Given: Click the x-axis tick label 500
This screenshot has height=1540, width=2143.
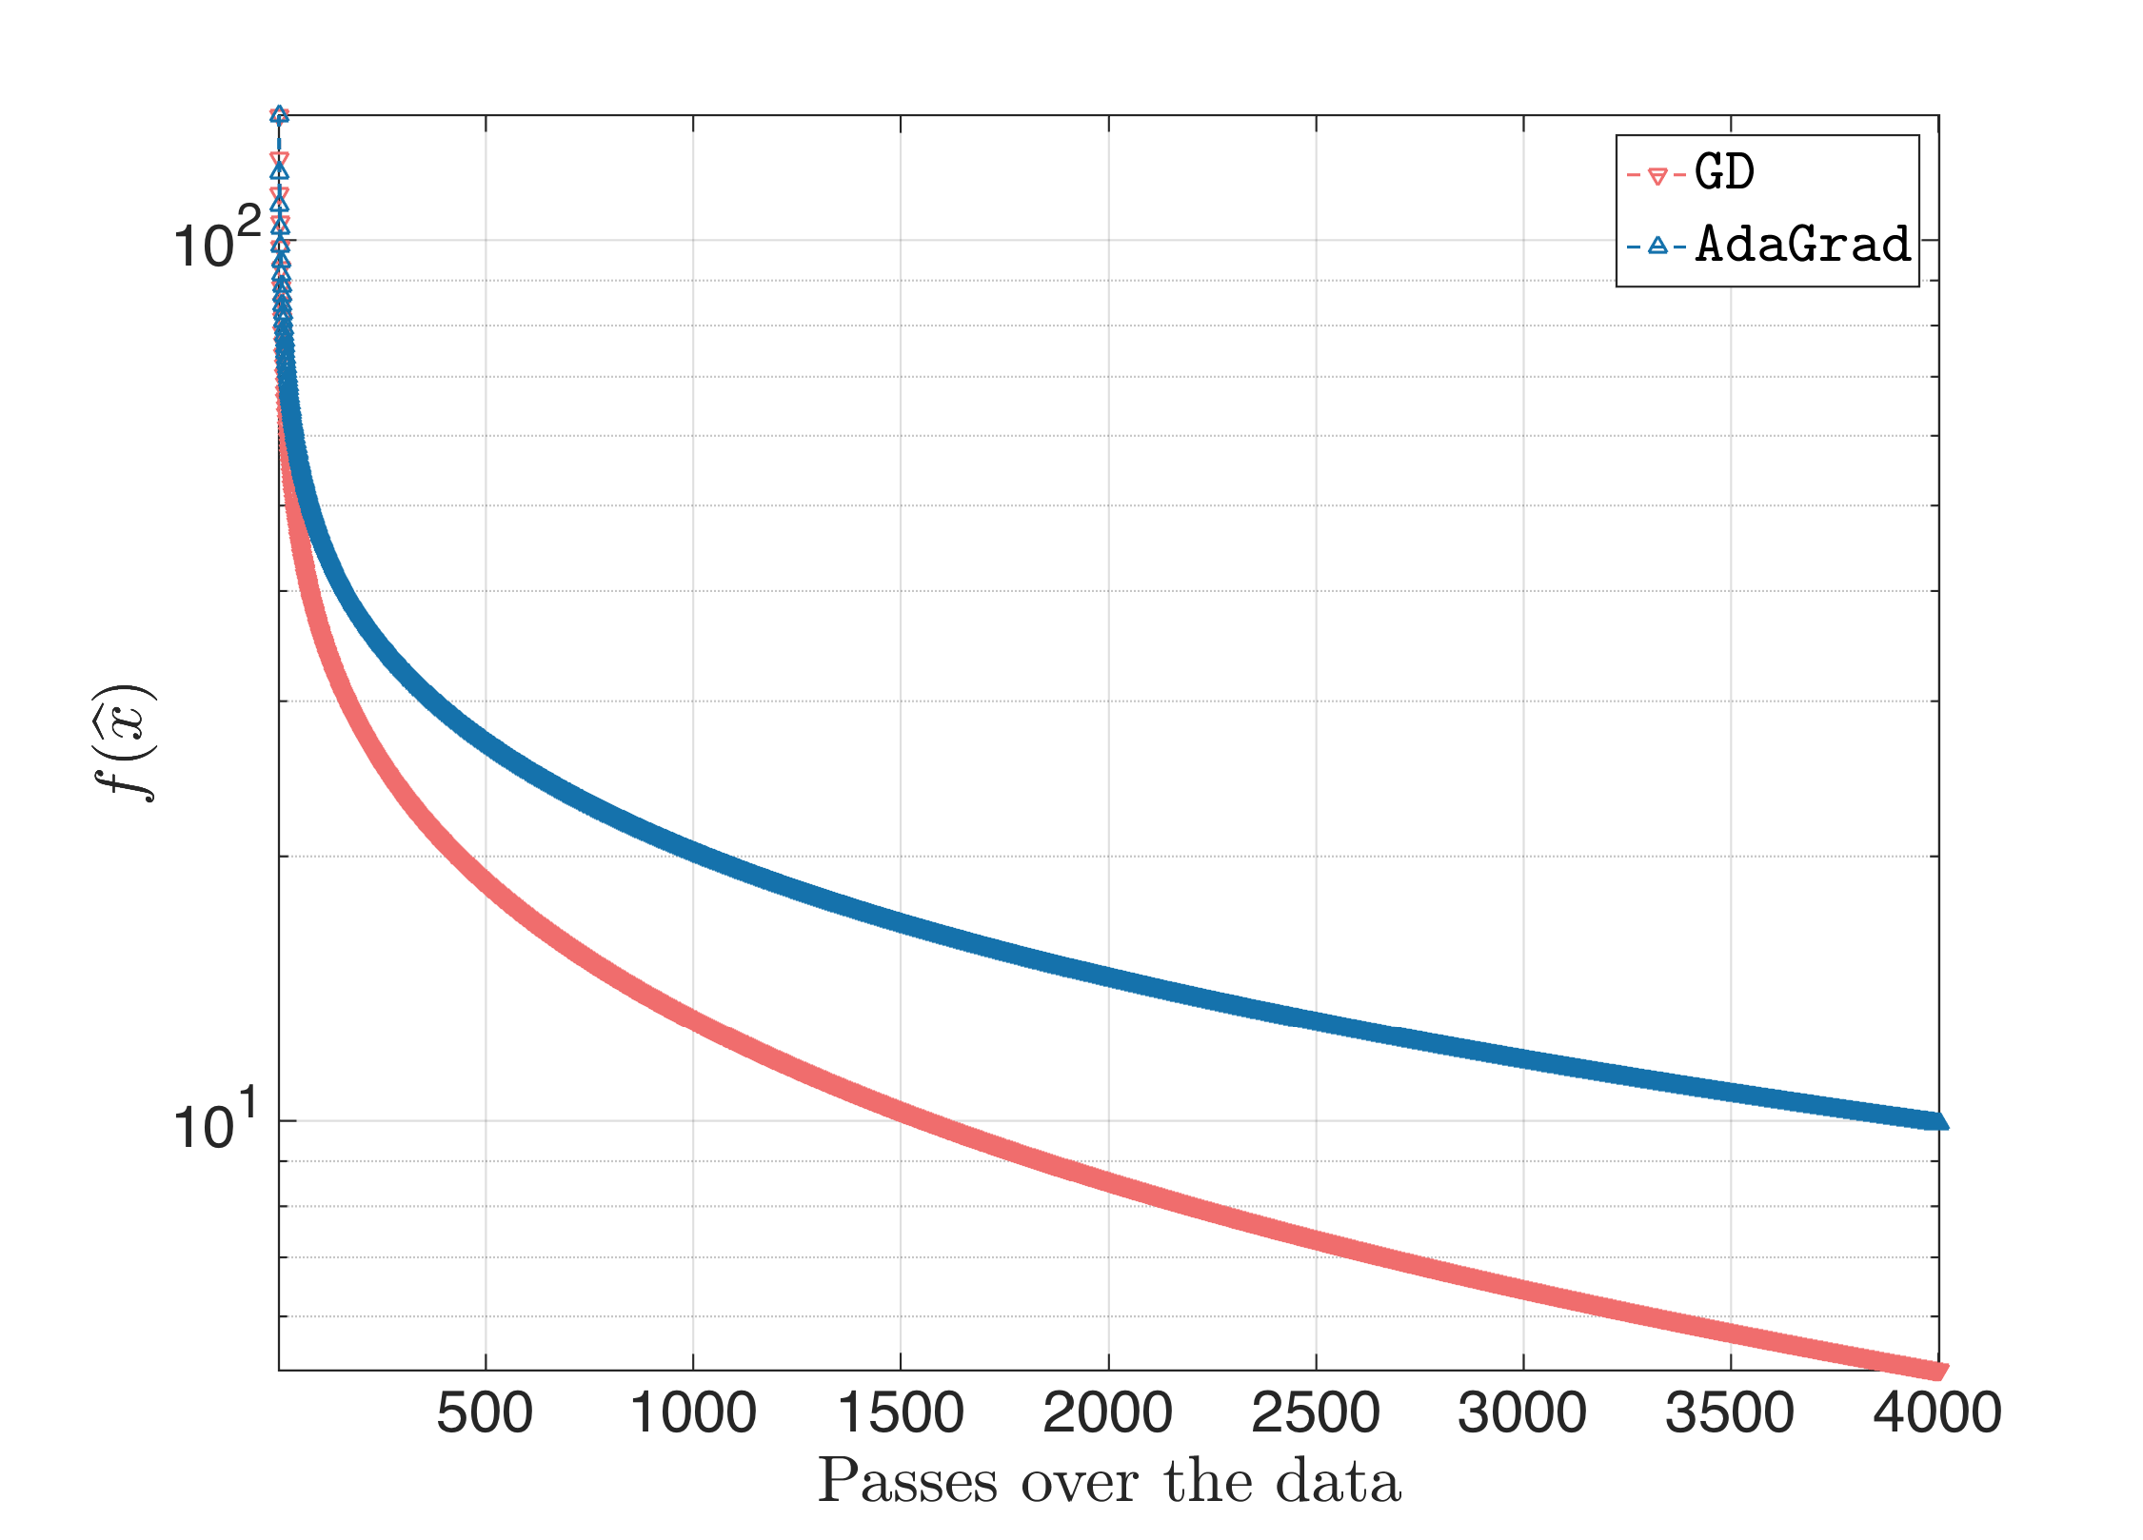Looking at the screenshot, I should (485, 1412).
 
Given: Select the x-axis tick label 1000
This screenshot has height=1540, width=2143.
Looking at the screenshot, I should (693, 1412).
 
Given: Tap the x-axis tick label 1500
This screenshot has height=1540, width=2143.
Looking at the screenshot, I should (901, 1412).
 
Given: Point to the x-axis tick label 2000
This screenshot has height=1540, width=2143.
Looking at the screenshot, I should (1108, 1412).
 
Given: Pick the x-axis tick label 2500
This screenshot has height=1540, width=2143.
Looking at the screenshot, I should (1316, 1412).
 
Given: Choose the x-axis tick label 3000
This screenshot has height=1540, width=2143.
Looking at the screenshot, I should (1522, 1412).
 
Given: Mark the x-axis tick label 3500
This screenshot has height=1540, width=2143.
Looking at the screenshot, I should (1730, 1412).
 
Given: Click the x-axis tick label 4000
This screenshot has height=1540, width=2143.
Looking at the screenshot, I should (1937, 1412).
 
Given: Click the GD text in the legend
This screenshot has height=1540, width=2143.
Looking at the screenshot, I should (1724, 173).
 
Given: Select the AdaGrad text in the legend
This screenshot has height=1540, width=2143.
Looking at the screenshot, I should (1803, 245).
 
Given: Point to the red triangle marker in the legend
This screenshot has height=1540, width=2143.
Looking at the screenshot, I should (1657, 176).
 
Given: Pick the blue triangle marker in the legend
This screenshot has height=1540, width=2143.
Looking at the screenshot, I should (1657, 246).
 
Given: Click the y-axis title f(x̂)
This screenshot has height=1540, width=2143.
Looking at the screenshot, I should (126, 743).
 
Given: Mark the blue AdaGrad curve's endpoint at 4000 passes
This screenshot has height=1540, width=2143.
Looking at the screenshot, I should (1937, 1121).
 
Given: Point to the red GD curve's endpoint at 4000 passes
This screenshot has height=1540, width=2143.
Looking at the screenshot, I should (1937, 1371).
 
